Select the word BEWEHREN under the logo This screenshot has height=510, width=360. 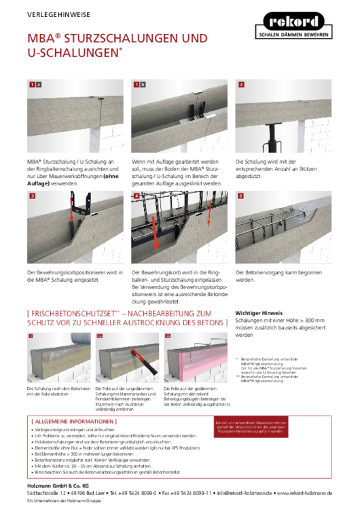(x=316, y=34)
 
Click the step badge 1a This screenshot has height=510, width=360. (x=35, y=85)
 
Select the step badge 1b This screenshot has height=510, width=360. (x=139, y=85)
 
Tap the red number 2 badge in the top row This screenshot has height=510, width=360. (x=240, y=85)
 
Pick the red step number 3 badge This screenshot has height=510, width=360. (x=32, y=196)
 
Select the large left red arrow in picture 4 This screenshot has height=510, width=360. (x=154, y=231)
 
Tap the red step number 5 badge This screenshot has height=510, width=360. (x=240, y=196)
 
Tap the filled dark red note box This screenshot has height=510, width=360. (x=250, y=426)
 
